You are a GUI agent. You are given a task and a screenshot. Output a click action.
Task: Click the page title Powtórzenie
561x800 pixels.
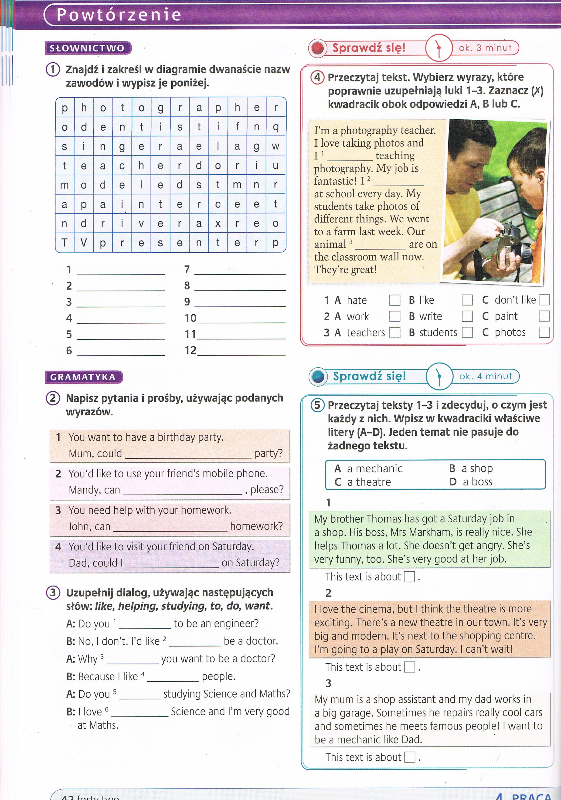click(119, 15)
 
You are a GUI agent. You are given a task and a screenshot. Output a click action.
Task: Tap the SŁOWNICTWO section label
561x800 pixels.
click(87, 48)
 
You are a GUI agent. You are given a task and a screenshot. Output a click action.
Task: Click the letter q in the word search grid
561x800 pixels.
click(276, 126)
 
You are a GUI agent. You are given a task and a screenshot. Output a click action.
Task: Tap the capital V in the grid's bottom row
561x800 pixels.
click(84, 243)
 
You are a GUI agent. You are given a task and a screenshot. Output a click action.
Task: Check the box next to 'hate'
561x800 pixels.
click(394, 300)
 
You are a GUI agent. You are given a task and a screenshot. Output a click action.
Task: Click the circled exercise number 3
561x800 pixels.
click(53, 592)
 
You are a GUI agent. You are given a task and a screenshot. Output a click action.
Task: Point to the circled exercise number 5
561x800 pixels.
click(317, 405)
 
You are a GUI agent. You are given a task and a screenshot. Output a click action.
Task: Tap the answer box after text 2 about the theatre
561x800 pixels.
click(409, 667)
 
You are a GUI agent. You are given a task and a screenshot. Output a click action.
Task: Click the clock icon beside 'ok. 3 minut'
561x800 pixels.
click(439, 48)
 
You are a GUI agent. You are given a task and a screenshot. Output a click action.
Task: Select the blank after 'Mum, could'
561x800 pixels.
click(188, 454)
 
